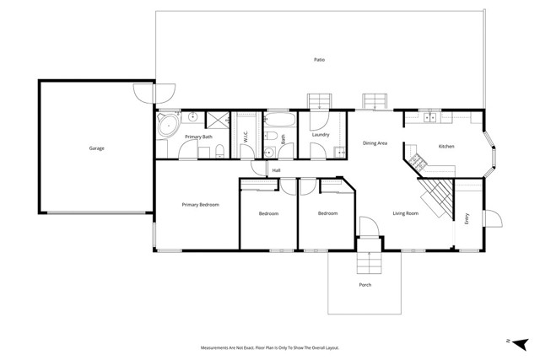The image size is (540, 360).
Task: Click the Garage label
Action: point(97,148)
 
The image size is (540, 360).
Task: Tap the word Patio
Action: point(319,60)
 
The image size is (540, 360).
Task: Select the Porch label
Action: point(364,285)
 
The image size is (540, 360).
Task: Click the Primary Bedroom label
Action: point(202,205)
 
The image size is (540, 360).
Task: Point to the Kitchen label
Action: point(446,147)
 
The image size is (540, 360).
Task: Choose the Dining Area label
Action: point(375,143)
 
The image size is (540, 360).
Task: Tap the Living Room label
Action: point(406,213)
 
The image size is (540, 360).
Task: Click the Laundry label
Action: point(320,135)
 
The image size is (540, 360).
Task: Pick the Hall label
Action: point(276,170)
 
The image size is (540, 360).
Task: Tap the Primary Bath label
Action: point(198,137)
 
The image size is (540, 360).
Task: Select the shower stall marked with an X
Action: point(217,119)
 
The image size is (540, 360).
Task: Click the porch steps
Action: point(368,265)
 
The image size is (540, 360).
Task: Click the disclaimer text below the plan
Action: point(270,347)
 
